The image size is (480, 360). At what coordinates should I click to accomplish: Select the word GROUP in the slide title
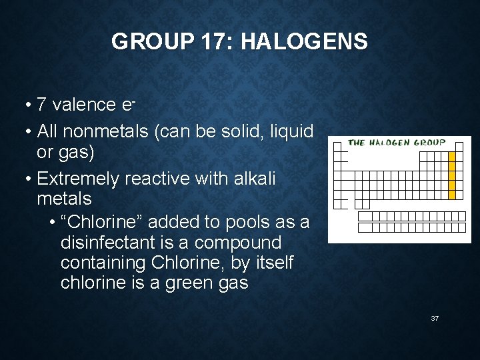[151, 42]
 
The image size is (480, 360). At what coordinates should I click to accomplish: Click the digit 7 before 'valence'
[41, 105]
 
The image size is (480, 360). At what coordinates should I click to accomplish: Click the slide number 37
[435, 319]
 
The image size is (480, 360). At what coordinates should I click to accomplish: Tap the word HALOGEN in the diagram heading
[390, 143]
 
